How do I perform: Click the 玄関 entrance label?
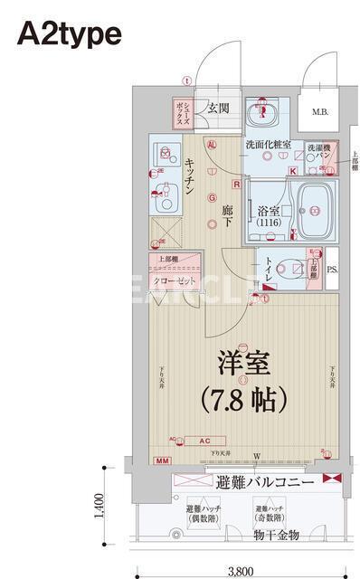tap(217, 108)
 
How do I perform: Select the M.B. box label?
tap(319, 112)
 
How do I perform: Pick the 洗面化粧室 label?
tap(268, 145)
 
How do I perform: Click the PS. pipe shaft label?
tap(332, 270)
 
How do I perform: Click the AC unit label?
tap(204, 441)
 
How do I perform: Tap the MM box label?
tap(163, 462)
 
